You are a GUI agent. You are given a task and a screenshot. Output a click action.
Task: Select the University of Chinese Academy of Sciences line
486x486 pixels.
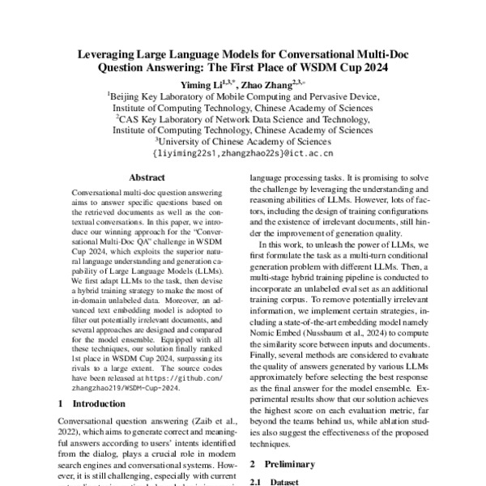(242, 140)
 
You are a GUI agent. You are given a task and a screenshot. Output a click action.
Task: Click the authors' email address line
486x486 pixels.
(242, 151)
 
